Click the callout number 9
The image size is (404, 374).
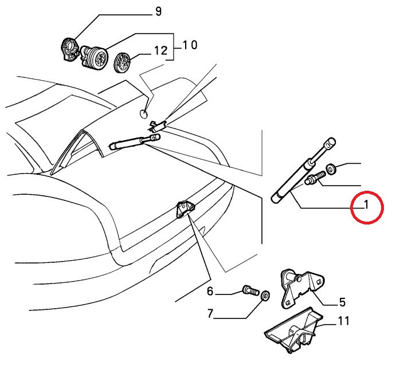tap(159, 11)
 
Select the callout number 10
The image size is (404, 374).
tap(190, 45)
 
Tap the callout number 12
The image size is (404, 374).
tap(160, 50)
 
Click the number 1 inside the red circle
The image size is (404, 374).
tap(366, 205)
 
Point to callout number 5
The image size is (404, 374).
tap(342, 302)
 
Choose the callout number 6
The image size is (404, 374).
tap(210, 292)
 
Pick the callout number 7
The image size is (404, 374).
tap(210, 313)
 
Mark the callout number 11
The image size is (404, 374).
tap(344, 321)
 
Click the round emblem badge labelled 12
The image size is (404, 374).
tap(122, 62)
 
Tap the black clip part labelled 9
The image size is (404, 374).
tap(69, 50)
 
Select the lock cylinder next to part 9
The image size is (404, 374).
tap(95, 58)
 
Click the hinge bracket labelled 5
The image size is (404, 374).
tap(302, 289)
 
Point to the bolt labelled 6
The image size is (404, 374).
tap(250, 290)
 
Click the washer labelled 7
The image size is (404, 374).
tap(265, 295)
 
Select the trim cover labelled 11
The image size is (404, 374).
tap(294, 330)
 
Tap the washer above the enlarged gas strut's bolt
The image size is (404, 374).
tap(331, 169)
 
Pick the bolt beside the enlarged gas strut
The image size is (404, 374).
tap(315, 178)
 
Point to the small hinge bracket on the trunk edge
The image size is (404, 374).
tap(185, 208)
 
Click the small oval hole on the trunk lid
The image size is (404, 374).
tap(143, 113)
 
